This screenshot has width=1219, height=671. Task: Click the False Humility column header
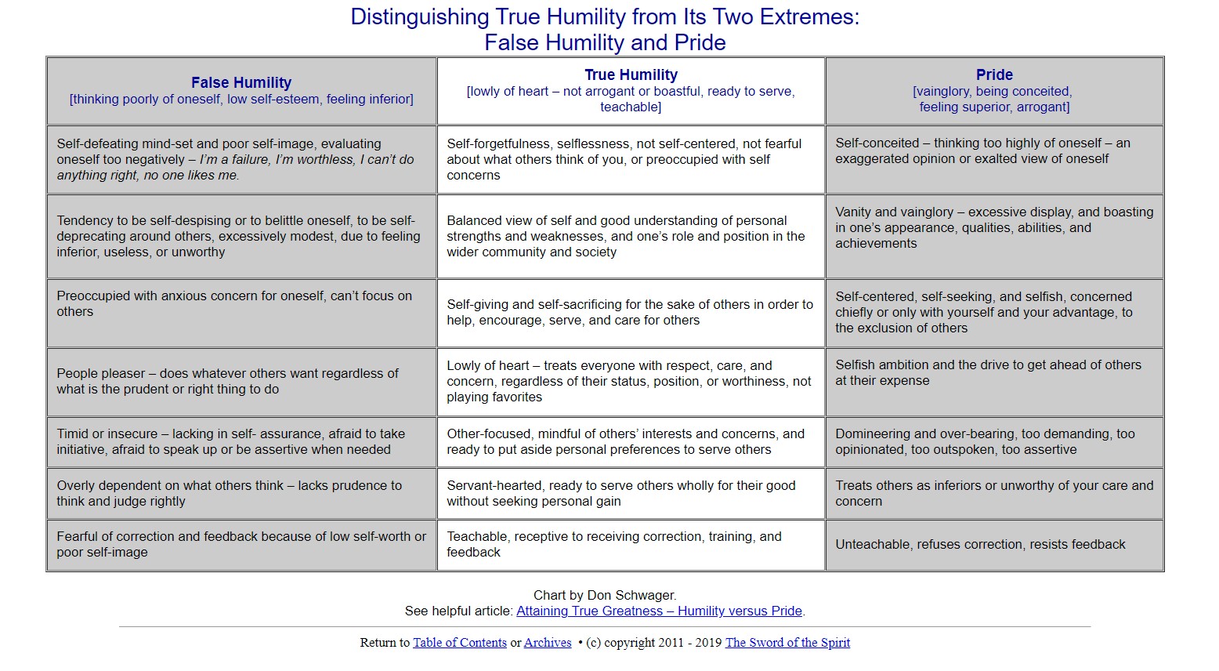pyautogui.click(x=241, y=83)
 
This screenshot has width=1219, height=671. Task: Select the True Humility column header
pyautogui.click(x=631, y=75)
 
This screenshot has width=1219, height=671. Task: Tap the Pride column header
pyautogui.click(x=994, y=75)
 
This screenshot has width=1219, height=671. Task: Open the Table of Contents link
pyautogui.click(x=460, y=643)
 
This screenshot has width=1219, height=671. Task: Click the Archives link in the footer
pyautogui.click(x=548, y=643)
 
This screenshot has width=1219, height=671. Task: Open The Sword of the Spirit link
pyautogui.click(x=787, y=643)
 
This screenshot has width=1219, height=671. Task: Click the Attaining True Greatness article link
pyautogui.click(x=660, y=611)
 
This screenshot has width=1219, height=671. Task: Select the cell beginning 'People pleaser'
pyautogui.click(x=241, y=382)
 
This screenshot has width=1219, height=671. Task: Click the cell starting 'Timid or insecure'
pyautogui.click(x=241, y=442)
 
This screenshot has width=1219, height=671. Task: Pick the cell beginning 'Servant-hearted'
pyautogui.click(x=631, y=494)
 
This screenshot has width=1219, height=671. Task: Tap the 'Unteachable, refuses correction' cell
pyautogui.click(x=994, y=545)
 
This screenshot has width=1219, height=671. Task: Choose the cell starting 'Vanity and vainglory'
pyautogui.click(x=994, y=228)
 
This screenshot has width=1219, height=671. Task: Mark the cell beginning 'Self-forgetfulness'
pyautogui.click(x=631, y=160)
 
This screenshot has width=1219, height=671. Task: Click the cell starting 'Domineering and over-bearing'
pyautogui.click(x=994, y=442)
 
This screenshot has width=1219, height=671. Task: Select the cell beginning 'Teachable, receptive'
pyautogui.click(x=631, y=545)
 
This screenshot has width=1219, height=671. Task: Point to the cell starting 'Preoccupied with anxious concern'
pyautogui.click(x=241, y=304)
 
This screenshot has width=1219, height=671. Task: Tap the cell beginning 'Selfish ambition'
pyautogui.click(x=994, y=373)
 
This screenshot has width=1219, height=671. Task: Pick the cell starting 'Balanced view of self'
pyautogui.click(x=631, y=237)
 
